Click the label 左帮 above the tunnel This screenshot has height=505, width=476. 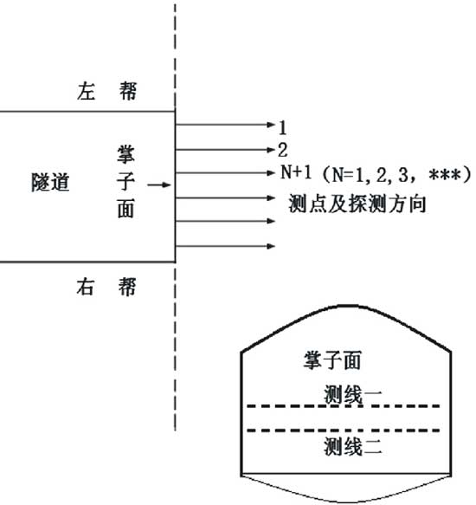pos(106,91)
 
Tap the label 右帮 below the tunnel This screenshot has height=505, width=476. pos(106,287)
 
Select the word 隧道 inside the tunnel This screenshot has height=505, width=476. pos(50,182)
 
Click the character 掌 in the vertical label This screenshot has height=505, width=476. pos(125,154)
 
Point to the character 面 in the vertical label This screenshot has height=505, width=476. pos(125,209)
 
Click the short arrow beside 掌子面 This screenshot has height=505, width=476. pos(158,185)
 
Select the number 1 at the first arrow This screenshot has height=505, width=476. pos(283,127)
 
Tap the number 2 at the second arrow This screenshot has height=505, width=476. pos(283,150)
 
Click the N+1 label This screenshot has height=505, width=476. pos(296,172)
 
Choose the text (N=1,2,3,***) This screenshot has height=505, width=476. pos(396,175)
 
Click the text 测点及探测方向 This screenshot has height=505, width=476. pos(357,204)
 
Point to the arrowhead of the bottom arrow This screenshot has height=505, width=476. pos(271,246)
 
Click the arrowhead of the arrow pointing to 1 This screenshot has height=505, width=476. pos(271,125)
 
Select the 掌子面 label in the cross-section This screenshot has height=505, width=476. pos(332,360)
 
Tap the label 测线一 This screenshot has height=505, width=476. pos(353,394)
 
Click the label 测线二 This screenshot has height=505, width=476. pos(353,446)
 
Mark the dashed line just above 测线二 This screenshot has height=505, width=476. pos(344,431)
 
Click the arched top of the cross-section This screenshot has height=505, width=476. pos(346,307)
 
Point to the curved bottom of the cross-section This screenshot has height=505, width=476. pos(346,502)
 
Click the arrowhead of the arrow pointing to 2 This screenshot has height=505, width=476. pos(271,150)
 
